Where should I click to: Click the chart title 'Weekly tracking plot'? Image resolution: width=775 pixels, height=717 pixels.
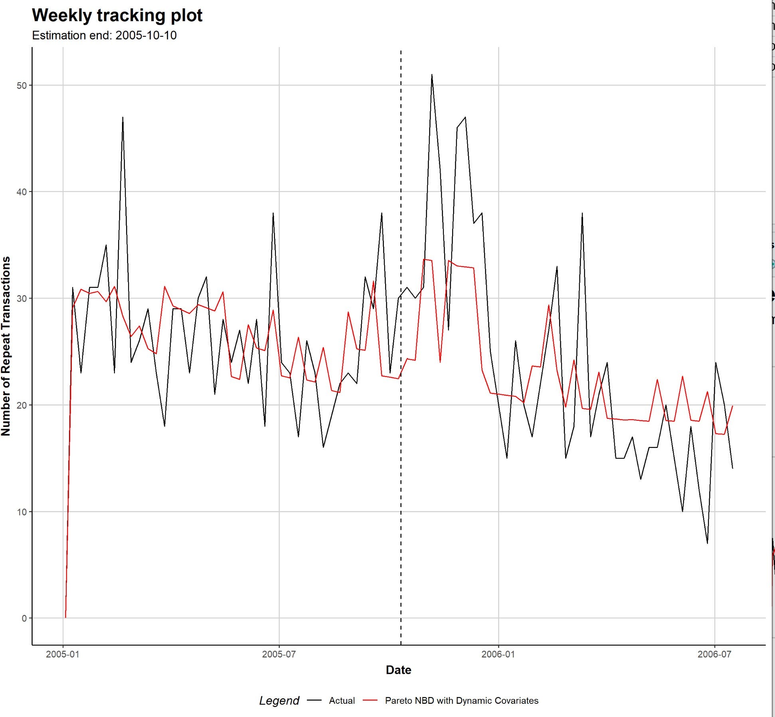[x=117, y=15]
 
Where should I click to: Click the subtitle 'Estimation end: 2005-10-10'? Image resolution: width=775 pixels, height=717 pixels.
[x=104, y=36]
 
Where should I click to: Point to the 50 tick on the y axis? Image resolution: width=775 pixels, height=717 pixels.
[x=22, y=85]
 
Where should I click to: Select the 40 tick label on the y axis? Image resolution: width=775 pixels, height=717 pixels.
[x=22, y=192]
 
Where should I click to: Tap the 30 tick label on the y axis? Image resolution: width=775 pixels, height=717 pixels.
[x=22, y=299]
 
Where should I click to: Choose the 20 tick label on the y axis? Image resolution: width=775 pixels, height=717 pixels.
[x=22, y=405]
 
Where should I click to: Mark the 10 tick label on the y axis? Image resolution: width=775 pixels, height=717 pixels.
[x=22, y=512]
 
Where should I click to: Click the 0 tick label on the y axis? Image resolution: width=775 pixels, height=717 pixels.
[x=24, y=618]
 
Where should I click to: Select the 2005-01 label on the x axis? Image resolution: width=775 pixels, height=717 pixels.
[x=63, y=654]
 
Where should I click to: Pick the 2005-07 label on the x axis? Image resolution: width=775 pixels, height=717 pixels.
[x=279, y=654]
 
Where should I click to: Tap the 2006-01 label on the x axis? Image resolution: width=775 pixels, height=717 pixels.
[x=498, y=654]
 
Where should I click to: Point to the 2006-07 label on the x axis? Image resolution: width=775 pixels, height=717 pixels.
[x=714, y=654]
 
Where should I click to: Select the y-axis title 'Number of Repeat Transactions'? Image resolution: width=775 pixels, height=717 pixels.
[x=6, y=346]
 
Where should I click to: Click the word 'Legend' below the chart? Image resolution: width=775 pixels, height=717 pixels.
[x=279, y=701]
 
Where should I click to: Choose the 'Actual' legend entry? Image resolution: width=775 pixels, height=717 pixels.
[x=342, y=701]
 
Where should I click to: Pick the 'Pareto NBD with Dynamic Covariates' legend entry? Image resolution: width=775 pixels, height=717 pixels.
[x=461, y=701]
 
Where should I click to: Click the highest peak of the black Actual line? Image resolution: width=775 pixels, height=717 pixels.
[x=432, y=75]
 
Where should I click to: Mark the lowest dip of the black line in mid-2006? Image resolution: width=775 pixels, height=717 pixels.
[x=708, y=543]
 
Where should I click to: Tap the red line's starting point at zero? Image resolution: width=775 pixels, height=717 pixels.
[x=65, y=617]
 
